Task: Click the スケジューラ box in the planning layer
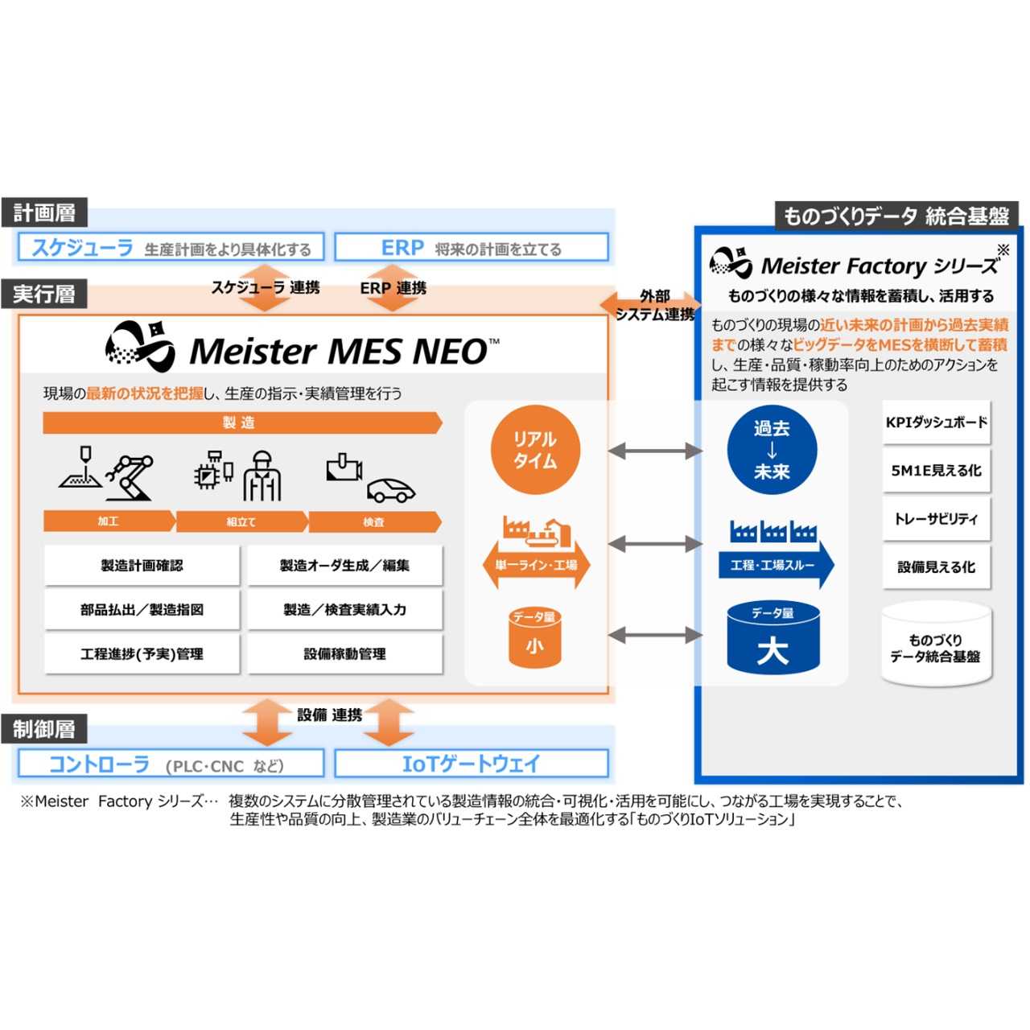[x=171, y=248]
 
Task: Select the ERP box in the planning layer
[x=471, y=248]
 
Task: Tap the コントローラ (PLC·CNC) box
[x=171, y=764]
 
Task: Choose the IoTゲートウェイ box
[x=471, y=764]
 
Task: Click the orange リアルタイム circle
[x=535, y=451]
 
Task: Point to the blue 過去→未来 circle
[x=772, y=451]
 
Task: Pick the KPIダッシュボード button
[x=936, y=422]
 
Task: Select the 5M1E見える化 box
[x=936, y=471]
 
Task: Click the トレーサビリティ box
[x=936, y=519]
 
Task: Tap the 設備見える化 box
[x=936, y=567]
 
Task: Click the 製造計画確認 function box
[x=142, y=566]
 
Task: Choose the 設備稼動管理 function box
[x=344, y=654]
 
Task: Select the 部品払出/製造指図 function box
[x=142, y=610]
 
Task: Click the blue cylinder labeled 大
[x=772, y=640]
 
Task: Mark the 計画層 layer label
[x=44, y=213]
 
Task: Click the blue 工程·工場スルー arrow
[x=775, y=565]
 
